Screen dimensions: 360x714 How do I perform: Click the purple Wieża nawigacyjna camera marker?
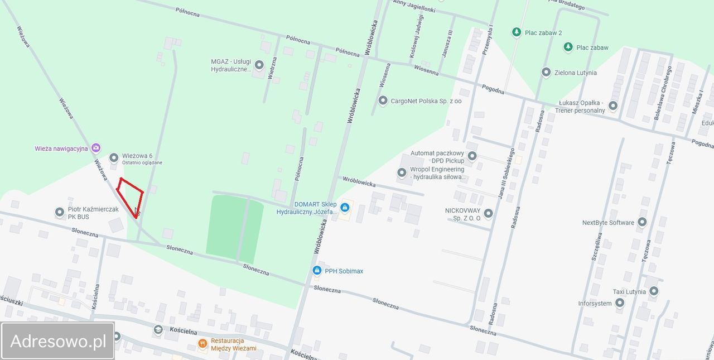point(96,148)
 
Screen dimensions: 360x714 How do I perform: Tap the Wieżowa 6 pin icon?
point(114,158)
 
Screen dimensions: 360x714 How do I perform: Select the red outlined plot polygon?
point(131,196)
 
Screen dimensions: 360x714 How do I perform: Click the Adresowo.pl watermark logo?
point(58,340)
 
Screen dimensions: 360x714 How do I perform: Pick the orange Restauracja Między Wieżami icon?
point(202,343)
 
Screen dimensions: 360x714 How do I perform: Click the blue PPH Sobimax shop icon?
point(317,271)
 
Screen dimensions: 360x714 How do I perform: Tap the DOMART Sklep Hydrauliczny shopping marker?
point(345,208)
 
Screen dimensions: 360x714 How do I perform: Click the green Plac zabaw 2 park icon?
point(517,32)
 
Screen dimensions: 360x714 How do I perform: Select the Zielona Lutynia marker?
point(546,73)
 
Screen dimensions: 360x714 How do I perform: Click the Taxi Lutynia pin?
point(654,291)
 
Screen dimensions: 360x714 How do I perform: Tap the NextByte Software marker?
point(642,222)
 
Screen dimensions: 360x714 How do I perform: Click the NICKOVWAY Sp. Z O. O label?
point(462,214)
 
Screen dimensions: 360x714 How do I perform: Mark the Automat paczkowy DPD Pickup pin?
point(472,156)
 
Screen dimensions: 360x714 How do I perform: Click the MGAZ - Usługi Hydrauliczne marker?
point(259,65)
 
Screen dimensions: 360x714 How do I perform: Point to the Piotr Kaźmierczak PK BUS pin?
point(60,212)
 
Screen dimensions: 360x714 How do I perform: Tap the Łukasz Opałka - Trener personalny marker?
point(613,105)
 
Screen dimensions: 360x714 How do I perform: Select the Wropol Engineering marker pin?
point(402,173)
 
